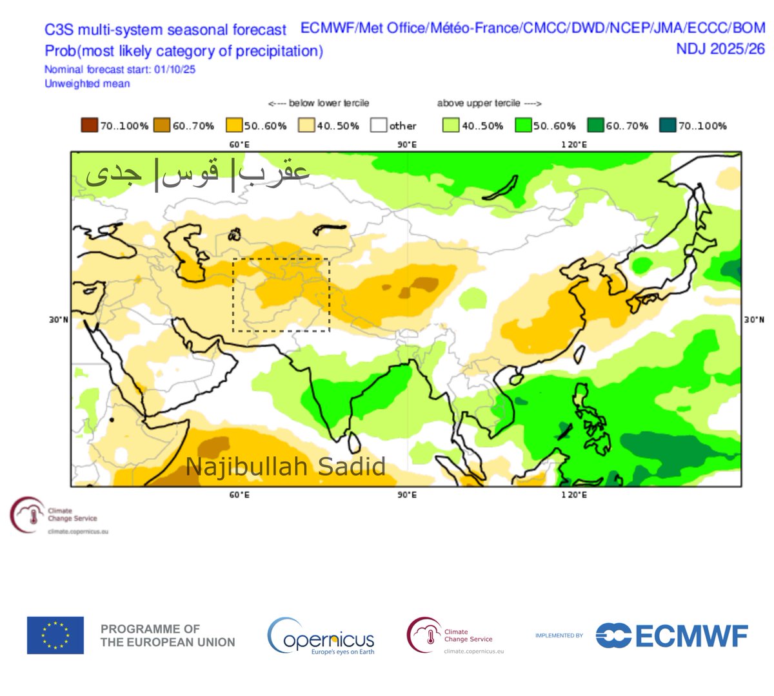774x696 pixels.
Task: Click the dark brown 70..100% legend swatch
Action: tap(89, 126)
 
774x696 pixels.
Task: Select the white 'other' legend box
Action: tap(379, 126)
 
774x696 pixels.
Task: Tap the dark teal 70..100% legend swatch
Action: tap(668, 126)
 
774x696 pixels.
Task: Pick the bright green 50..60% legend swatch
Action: tap(523, 126)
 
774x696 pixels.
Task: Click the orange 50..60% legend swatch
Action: tap(234, 126)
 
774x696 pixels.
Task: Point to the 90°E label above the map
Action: tap(406, 144)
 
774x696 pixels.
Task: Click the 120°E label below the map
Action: tap(573, 495)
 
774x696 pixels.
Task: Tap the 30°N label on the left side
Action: tap(58, 320)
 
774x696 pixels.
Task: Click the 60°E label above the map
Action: tap(239, 144)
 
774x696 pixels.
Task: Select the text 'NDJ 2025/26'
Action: tap(720, 48)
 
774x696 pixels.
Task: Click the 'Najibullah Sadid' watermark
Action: tap(286, 466)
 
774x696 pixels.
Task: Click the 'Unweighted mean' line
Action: tap(87, 84)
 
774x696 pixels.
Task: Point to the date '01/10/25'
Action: tap(174, 69)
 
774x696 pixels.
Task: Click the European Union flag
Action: tap(55, 635)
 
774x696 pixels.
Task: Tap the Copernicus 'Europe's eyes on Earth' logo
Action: tap(321, 636)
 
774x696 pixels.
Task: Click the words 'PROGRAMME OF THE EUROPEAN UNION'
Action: tap(168, 635)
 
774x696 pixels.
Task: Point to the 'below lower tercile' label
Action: tap(319, 103)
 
